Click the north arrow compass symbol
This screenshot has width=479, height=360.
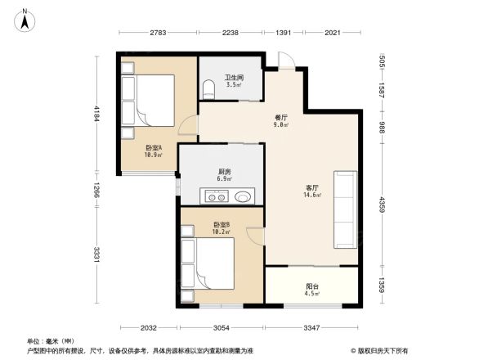(25, 20)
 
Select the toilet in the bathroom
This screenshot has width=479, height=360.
(209, 87)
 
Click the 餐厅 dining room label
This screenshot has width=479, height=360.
(280, 117)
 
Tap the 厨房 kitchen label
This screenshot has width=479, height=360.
(222, 172)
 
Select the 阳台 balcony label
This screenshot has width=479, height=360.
(311, 286)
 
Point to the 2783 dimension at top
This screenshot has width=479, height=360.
(159, 33)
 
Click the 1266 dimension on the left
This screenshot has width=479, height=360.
(96, 192)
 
